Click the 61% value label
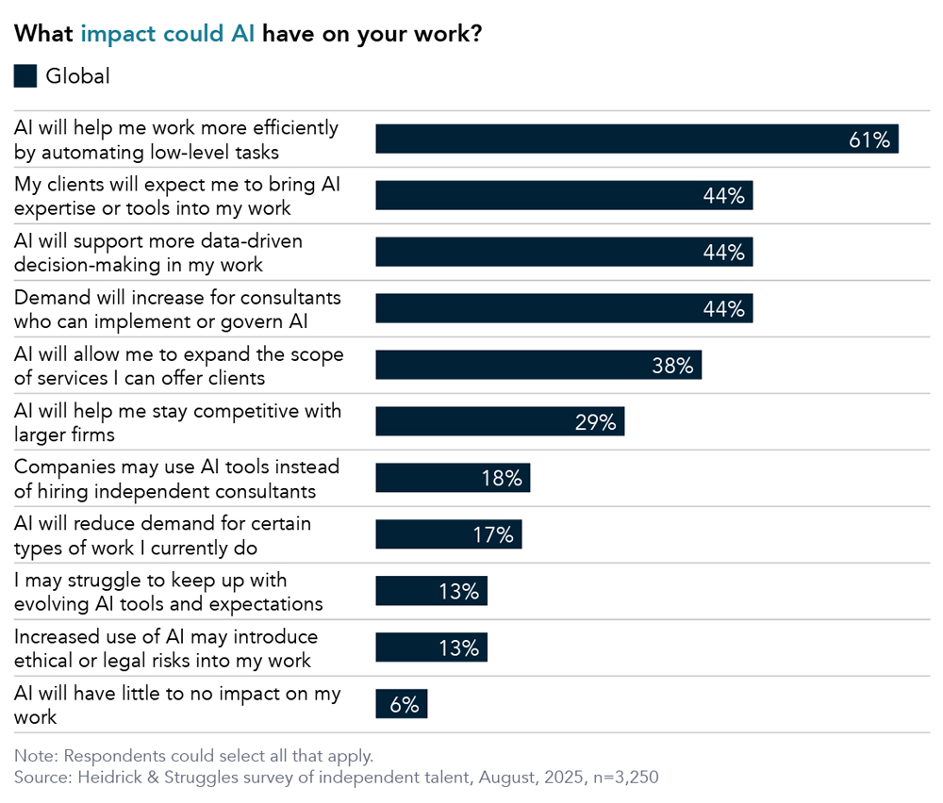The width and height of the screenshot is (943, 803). [x=869, y=139]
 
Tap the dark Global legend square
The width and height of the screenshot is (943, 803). [x=25, y=76]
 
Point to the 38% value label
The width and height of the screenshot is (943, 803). [x=672, y=366]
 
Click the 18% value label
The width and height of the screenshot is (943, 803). [x=501, y=479]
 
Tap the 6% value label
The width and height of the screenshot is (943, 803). [x=404, y=705]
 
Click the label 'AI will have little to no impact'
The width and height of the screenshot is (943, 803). [x=176, y=705]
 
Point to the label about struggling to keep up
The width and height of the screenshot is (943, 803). [x=168, y=592]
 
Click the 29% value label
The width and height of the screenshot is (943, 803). [x=595, y=422]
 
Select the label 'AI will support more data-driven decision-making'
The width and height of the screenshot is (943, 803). [x=157, y=253]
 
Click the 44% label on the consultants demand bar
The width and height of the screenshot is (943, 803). [x=723, y=309]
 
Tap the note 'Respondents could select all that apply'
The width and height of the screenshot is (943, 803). [x=193, y=756]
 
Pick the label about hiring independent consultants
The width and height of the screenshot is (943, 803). [x=176, y=479]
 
